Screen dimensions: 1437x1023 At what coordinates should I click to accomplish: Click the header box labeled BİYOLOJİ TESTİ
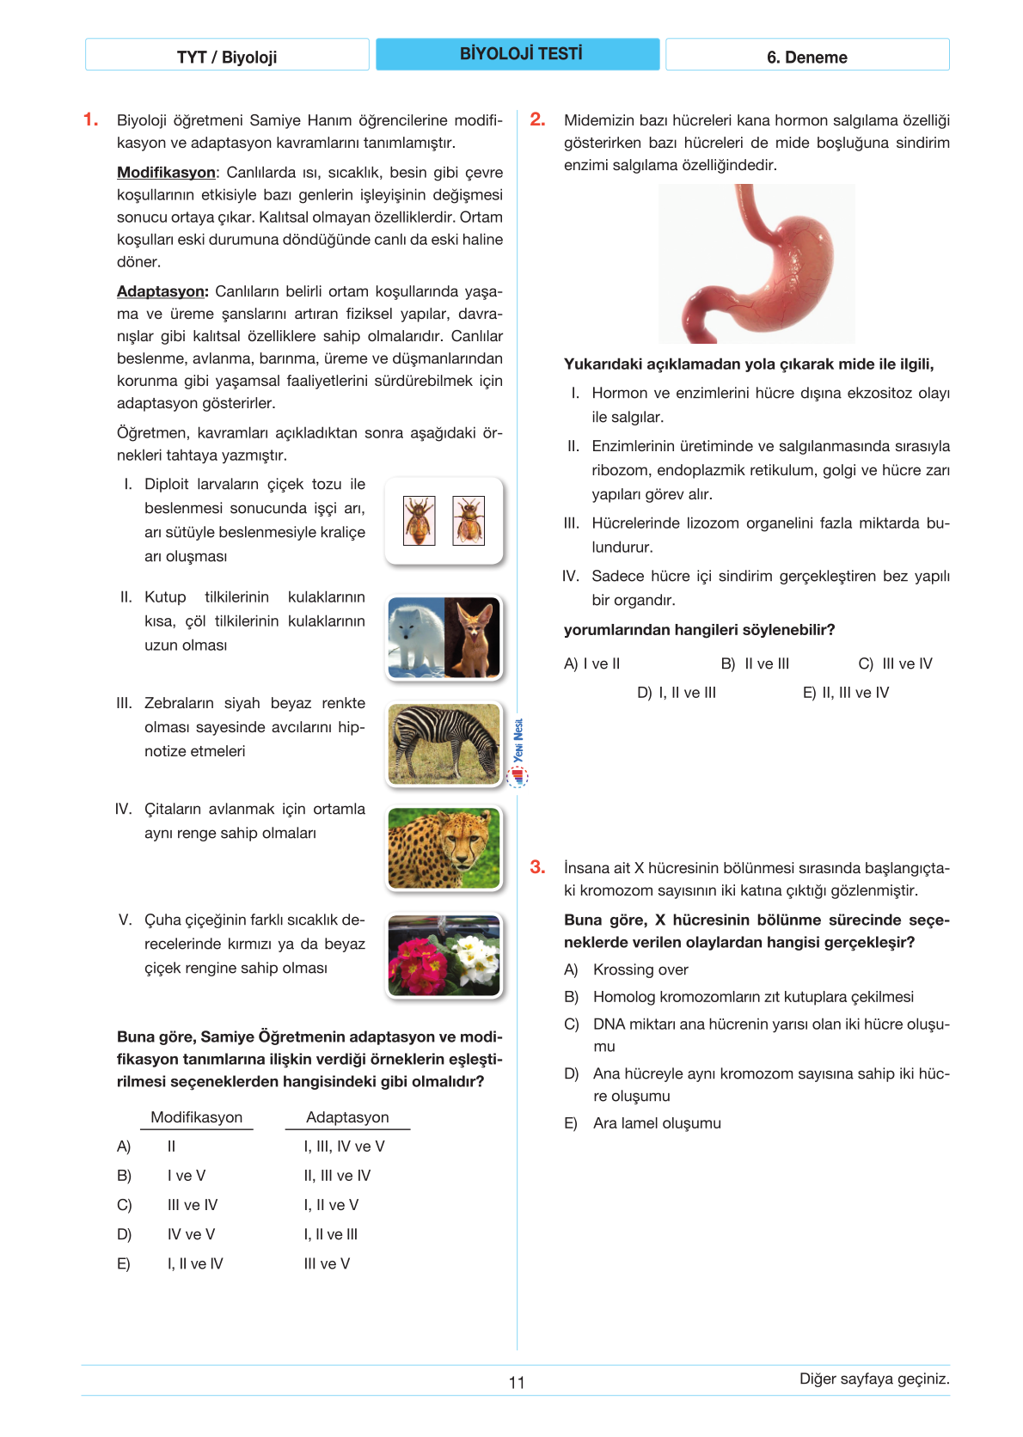(x=518, y=54)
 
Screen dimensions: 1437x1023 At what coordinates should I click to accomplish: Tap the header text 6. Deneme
(x=806, y=58)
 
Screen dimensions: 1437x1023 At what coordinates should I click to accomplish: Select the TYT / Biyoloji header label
(x=227, y=58)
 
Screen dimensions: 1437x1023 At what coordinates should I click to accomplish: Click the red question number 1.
(x=90, y=119)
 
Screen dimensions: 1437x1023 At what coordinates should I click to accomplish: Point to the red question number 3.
(x=537, y=867)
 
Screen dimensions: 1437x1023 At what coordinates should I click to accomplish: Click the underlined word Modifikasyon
(x=166, y=173)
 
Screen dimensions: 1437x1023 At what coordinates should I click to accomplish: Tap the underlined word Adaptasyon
(x=162, y=291)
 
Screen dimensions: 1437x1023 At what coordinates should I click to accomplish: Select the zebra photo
(x=444, y=743)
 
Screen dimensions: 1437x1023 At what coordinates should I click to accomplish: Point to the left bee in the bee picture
(x=420, y=520)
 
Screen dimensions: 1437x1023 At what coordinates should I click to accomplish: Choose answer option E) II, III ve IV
(x=846, y=693)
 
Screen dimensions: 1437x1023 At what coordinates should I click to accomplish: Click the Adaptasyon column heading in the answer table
(x=347, y=1117)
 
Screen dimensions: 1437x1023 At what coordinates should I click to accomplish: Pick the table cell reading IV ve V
(x=191, y=1234)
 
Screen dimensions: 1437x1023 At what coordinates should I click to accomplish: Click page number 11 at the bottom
(x=517, y=1382)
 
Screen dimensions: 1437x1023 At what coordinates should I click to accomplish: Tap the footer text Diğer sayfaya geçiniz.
(x=874, y=1379)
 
